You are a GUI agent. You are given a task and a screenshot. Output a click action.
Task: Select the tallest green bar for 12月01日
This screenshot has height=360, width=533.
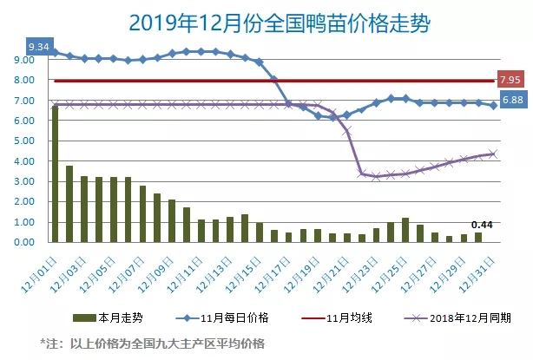click(55, 173)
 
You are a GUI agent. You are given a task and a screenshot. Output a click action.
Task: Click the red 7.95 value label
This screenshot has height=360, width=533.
click(509, 79)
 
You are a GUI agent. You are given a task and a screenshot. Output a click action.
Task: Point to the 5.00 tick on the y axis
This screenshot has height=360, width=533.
click(23, 141)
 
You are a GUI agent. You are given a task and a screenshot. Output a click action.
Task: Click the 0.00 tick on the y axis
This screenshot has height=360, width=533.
click(23, 242)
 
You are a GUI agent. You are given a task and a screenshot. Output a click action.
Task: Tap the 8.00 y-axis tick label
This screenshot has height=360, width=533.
click(23, 80)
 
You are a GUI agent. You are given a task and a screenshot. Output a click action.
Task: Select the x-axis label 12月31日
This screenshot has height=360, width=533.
click(480, 271)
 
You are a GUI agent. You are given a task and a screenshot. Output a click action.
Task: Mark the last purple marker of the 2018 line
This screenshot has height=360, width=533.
click(492, 154)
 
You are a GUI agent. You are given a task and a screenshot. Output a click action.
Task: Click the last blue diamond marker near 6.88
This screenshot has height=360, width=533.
click(492, 106)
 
